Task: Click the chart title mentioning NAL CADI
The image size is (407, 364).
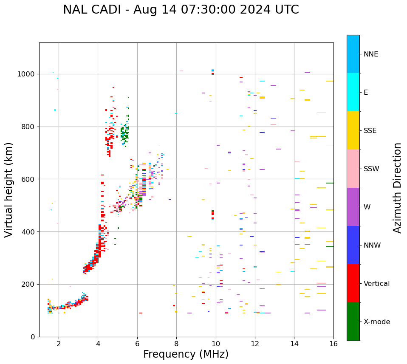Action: [x=181, y=10]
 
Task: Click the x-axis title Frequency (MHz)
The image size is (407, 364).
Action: [x=186, y=354]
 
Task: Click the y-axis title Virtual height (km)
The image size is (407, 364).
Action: [x=9, y=190]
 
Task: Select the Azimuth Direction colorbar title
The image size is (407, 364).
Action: [x=397, y=188]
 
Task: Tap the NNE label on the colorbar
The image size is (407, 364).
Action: [x=370, y=54]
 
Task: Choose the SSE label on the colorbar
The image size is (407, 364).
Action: [x=370, y=131]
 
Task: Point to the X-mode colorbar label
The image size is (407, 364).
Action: [x=376, y=322]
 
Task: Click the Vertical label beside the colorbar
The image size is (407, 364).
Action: [x=376, y=284]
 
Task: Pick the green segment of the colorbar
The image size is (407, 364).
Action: [x=353, y=322]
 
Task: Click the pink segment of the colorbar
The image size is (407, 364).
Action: [x=353, y=169]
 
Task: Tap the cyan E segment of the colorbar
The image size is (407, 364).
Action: [x=353, y=92]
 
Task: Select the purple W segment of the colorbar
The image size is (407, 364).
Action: [x=353, y=207]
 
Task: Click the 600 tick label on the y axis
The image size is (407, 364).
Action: [x=30, y=179]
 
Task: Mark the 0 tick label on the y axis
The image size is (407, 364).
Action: [x=34, y=337]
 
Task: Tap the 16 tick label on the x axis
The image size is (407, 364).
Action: [x=334, y=344]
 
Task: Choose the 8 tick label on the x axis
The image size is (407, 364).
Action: [x=176, y=344]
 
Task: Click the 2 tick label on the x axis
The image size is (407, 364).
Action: [x=59, y=344]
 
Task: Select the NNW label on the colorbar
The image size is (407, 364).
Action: [x=372, y=245]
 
